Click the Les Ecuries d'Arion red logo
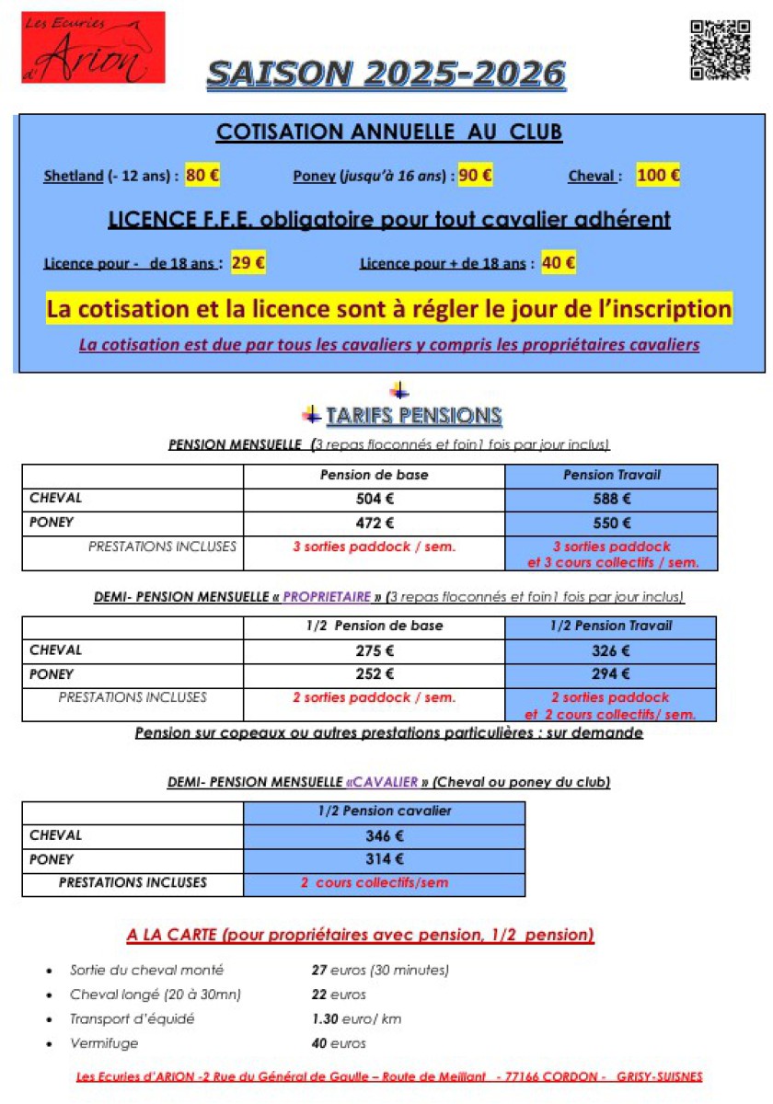93,47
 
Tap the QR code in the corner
720,50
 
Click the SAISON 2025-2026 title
386,74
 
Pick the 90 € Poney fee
475,176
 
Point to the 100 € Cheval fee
658,176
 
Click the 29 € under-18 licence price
248,263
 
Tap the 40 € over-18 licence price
559,263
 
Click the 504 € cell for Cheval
375,500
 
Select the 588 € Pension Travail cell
611,500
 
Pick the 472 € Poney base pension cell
375,523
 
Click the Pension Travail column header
611,476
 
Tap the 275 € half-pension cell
375,650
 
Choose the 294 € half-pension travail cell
611,673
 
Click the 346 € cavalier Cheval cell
385,836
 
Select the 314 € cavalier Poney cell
385,859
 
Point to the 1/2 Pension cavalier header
385,811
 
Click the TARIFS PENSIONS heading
413,416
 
